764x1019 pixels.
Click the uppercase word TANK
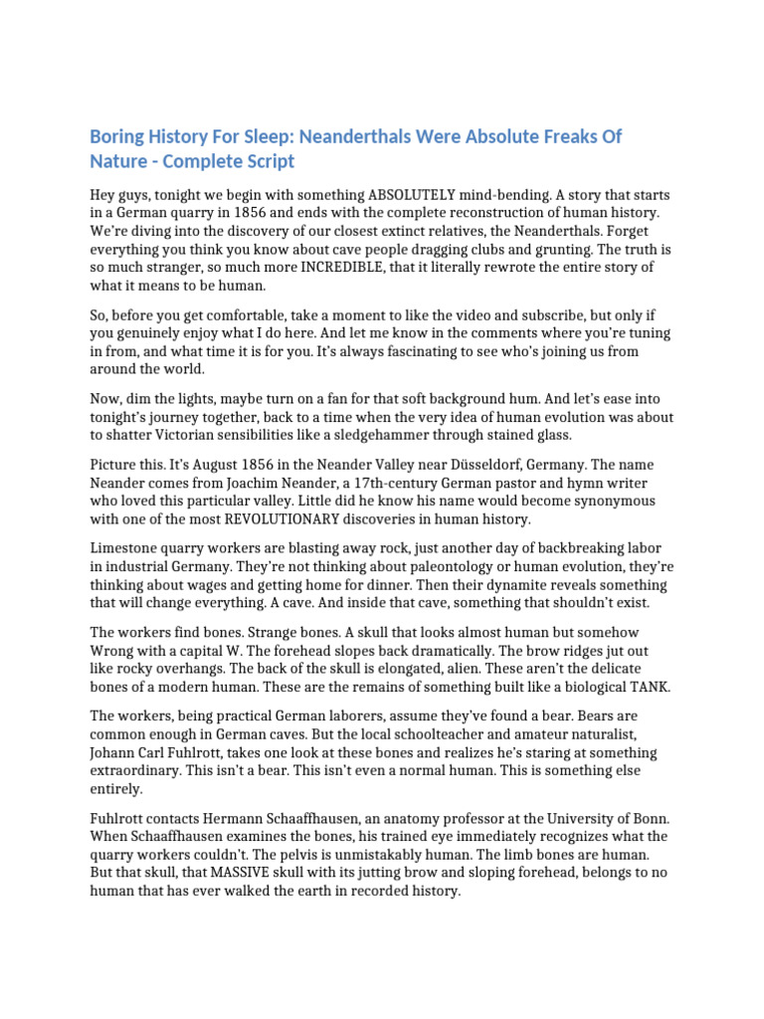click(x=651, y=688)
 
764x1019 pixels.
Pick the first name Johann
click(x=115, y=753)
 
